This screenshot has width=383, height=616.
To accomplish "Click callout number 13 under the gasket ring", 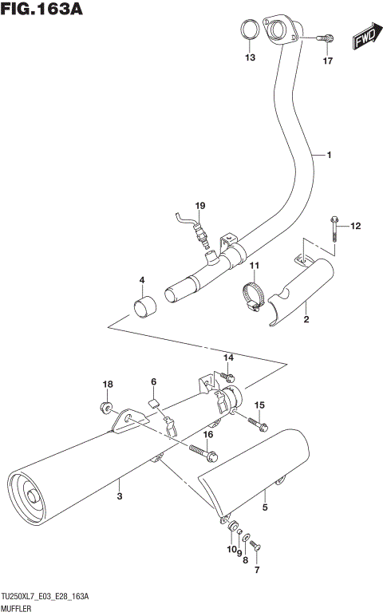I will pyautogui.click(x=250, y=58).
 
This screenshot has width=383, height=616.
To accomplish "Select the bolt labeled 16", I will pyautogui.click(x=203, y=452).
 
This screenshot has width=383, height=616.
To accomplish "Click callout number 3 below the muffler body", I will pyautogui.click(x=120, y=498).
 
